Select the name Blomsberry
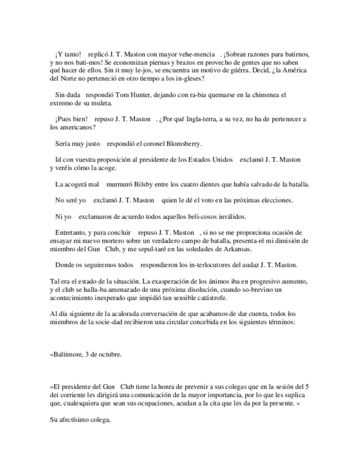tap(184, 144)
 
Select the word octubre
tap(108, 354)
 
